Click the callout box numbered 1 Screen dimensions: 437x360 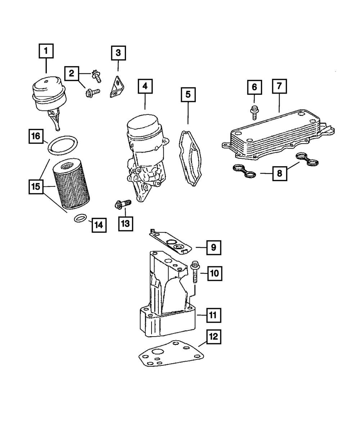pyautogui.click(x=46, y=51)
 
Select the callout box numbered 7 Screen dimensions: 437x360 pyautogui.click(x=279, y=87)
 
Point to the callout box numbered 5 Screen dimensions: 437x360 pyautogui.click(x=188, y=95)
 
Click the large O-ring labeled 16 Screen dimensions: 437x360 pyautogui.click(x=63, y=145)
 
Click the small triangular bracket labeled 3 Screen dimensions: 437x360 pyautogui.click(x=117, y=88)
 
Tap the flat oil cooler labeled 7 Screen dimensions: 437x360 pyautogui.click(x=274, y=137)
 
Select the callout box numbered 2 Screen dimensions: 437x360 pyautogui.click(x=72, y=74)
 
